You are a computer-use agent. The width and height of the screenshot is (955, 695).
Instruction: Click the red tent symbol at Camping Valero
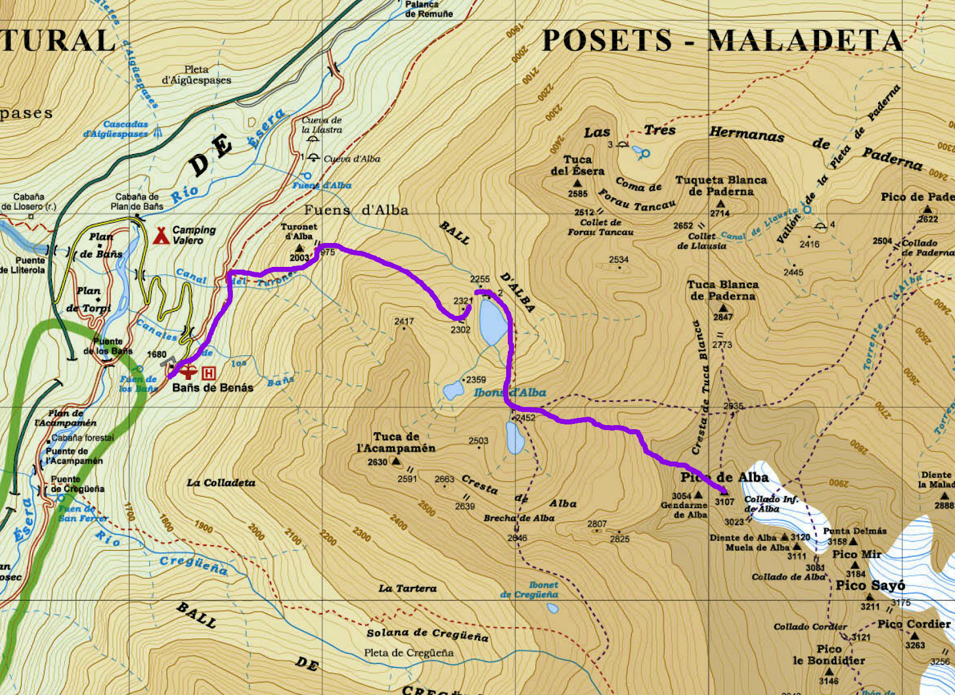click(161, 235)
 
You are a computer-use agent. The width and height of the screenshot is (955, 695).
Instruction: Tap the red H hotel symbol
click(208, 373)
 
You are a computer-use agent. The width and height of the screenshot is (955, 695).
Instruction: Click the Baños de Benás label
click(212, 388)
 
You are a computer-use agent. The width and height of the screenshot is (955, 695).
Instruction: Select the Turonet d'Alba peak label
click(299, 231)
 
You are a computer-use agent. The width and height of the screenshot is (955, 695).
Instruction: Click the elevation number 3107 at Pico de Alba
click(725, 502)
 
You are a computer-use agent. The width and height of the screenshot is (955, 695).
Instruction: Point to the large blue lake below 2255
click(493, 322)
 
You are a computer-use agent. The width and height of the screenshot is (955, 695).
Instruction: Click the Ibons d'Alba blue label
click(510, 392)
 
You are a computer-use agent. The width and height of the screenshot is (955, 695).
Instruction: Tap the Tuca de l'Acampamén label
click(396, 442)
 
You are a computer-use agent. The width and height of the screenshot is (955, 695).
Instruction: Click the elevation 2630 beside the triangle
click(377, 462)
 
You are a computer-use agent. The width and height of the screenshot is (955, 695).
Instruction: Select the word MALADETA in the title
click(805, 41)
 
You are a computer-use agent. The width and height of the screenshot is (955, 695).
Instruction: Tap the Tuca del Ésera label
click(577, 165)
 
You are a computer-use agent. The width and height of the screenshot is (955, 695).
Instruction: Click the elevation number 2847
click(722, 317)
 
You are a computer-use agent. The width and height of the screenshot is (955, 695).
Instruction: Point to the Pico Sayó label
click(870, 585)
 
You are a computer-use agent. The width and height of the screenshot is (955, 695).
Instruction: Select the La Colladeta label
click(221, 482)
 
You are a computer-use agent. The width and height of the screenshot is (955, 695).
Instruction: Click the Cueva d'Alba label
click(352, 159)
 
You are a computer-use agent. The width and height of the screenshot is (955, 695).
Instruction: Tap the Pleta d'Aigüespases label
click(196, 75)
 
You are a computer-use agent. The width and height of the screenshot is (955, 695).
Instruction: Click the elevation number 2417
click(404, 321)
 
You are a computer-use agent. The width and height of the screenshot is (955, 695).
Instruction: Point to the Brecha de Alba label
click(519, 518)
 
